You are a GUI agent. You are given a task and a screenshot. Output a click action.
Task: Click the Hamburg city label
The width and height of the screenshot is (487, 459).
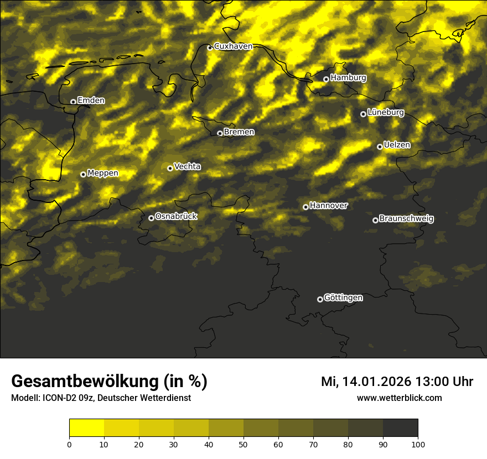click(x=348, y=78)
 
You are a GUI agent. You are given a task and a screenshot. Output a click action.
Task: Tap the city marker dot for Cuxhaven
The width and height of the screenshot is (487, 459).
click(x=210, y=48)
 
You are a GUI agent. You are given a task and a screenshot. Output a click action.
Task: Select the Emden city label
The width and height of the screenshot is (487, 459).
click(x=91, y=101)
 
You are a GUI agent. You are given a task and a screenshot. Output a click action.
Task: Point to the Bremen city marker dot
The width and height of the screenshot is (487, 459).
click(x=220, y=133)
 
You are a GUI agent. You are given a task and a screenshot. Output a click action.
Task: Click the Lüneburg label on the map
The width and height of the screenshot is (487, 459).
click(x=385, y=112)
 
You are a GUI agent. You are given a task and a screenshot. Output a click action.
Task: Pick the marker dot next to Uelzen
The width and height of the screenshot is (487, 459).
click(x=380, y=147)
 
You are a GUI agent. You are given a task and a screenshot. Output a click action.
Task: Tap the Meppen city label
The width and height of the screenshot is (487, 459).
click(x=102, y=173)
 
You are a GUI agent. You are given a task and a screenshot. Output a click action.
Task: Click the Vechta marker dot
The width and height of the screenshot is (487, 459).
click(x=170, y=168)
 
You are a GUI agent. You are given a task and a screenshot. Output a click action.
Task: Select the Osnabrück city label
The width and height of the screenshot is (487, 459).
click(x=176, y=216)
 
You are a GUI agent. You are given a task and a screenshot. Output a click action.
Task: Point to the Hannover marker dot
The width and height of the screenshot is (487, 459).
click(x=305, y=207)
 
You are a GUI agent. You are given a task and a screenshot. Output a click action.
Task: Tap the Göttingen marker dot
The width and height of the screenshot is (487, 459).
click(x=320, y=299)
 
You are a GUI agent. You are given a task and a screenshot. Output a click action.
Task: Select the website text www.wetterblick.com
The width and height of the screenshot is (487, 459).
click(x=399, y=398)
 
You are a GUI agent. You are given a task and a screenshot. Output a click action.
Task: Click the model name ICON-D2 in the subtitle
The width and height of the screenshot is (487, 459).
click(x=54, y=398)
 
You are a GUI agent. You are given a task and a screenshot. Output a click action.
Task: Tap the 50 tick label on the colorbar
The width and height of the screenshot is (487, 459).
click(x=244, y=444)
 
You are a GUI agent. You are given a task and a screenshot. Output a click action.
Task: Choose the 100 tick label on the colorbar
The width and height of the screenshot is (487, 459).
click(x=418, y=444)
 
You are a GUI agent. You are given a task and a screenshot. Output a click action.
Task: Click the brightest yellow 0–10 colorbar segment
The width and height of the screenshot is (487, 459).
click(x=86, y=428)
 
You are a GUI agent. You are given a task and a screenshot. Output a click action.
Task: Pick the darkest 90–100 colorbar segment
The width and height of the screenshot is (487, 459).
click(x=400, y=428)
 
